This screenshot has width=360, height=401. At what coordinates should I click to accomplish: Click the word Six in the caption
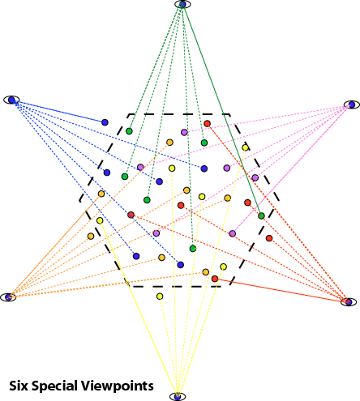tap(19, 386)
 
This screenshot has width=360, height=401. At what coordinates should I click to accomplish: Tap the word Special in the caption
tap(54, 386)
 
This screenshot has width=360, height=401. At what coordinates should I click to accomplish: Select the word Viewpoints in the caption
tap(116, 386)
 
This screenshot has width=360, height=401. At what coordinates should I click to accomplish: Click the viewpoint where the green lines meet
tap(182, 4)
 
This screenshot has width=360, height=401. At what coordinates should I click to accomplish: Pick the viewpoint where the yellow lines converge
tap(178, 396)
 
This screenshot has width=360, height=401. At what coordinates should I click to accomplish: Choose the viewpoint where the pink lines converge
tap(352, 105)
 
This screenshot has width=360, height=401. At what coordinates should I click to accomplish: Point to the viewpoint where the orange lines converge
tap(8, 297)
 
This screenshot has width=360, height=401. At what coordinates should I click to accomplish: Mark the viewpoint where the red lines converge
tap(349, 301)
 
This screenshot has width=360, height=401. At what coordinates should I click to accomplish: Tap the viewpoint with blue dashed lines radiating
tap(11, 100)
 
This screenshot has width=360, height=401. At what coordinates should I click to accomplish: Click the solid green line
tap(222, 110)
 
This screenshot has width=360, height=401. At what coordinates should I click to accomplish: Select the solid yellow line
tap(139, 309)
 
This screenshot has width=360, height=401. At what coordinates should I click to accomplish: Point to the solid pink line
tap(292, 169)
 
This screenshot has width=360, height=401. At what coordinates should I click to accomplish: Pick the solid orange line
tap(55, 245)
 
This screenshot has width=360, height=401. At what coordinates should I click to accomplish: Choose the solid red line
tap(281, 290)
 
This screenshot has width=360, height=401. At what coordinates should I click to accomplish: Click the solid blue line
tap(58, 111)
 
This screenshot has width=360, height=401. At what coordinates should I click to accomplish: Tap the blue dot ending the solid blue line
tap(105, 122)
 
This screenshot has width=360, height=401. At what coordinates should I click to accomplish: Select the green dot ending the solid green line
tap(261, 215)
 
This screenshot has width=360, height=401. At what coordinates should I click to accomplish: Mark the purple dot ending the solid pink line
tap(233, 233)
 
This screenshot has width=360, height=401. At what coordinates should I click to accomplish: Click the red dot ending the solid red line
tap(215, 279)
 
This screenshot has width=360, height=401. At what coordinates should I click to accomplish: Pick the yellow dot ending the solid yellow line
tap(100, 220)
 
